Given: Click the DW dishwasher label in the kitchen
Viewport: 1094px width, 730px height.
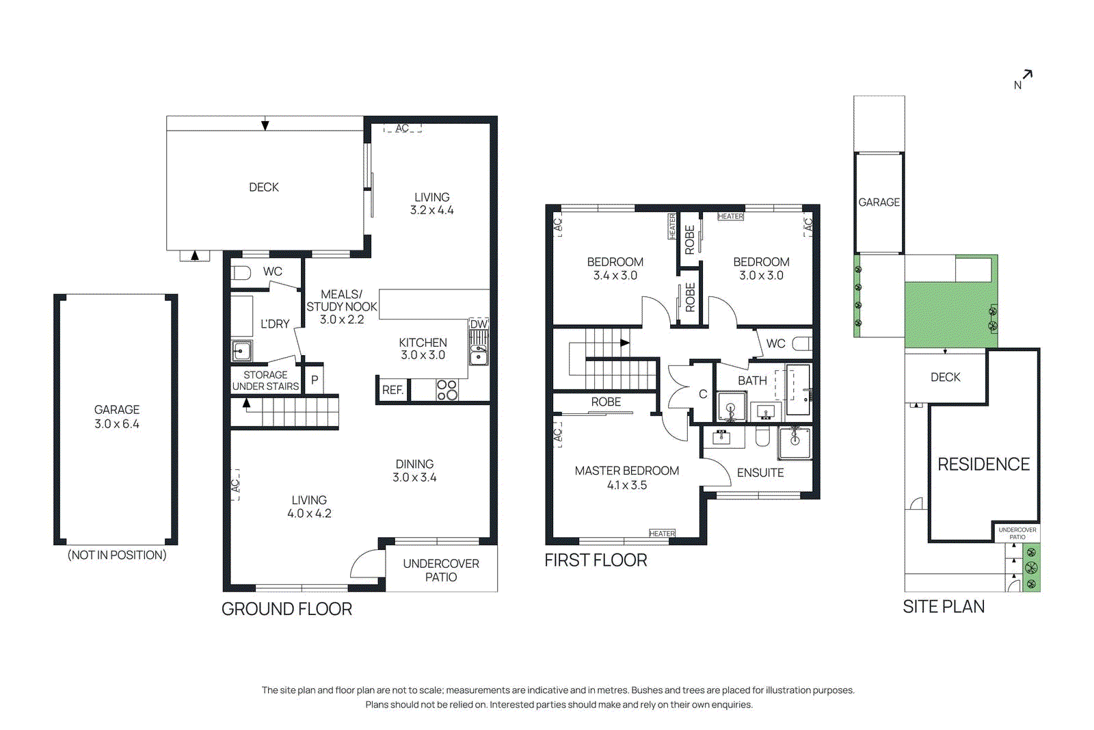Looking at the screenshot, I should point(479,324).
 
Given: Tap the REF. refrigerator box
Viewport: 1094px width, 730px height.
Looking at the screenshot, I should point(392,390).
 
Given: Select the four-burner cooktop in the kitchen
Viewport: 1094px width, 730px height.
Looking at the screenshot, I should point(447,390).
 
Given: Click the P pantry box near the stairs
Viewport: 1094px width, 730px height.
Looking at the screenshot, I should point(315,380).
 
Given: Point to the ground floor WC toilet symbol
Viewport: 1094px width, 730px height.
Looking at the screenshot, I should point(241,273).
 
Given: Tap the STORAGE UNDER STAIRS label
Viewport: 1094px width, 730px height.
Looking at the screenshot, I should point(265,380).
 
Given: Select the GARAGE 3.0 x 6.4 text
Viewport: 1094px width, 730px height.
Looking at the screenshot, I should point(117,417).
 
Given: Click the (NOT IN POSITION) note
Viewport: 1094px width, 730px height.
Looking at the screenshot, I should point(117,555).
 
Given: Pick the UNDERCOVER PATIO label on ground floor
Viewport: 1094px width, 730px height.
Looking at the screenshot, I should point(441,570).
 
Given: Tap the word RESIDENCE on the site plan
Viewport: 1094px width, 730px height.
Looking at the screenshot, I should point(983,465).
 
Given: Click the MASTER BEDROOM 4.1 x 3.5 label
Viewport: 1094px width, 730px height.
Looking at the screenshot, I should point(626,478).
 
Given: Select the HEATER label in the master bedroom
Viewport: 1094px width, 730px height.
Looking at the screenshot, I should point(662,534).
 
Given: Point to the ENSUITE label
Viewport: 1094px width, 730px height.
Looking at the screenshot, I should point(760,473).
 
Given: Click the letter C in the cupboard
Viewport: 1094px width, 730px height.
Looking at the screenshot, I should point(703,394).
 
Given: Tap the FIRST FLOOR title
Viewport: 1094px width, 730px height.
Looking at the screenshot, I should point(596,560).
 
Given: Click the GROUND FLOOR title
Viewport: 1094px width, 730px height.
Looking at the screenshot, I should point(286,609).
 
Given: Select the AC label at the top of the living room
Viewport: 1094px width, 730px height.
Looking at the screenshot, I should point(402,128).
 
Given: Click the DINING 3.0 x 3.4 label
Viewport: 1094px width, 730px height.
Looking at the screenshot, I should point(414,471).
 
